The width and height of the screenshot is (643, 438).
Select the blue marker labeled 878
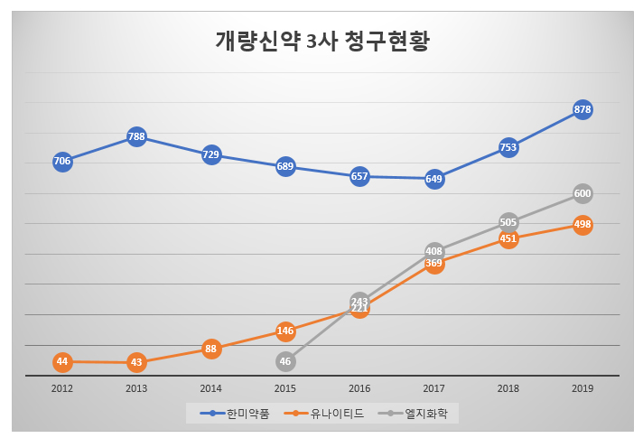tap(582, 110)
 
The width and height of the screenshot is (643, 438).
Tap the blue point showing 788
tap(136, 137)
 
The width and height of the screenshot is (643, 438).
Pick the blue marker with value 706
tap(62, 162)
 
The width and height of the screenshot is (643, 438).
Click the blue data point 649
tap(434, 179)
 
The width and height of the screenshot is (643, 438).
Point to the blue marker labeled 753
tap(508, 148)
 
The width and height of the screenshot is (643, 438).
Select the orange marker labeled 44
tap(62, 362)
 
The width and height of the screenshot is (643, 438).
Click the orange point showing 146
tap(285, 331)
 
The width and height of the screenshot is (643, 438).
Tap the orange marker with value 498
tap(582, 225)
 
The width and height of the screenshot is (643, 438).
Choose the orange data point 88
tap(211, 349)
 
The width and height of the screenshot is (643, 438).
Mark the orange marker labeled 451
tap(508, 239)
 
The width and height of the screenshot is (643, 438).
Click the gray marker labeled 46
tap(285, 362)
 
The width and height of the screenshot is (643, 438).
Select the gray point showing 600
tap(582, 193)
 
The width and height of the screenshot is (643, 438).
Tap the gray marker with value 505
tap(508, 222)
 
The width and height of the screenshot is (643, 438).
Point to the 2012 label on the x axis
tap(62, 388)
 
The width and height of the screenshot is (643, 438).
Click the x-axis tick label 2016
tap(359, 388)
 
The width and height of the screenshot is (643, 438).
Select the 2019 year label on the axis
tap(582, 388)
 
